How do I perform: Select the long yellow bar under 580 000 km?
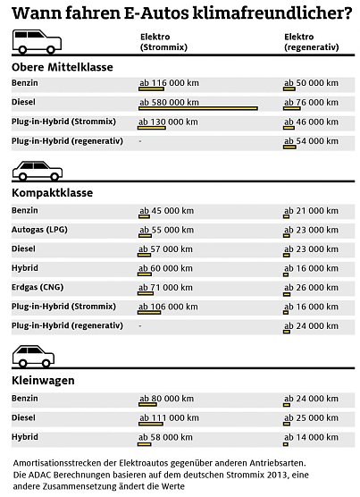(197, 108)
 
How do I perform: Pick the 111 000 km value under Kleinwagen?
(167, 417)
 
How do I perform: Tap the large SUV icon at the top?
(36, 41)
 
